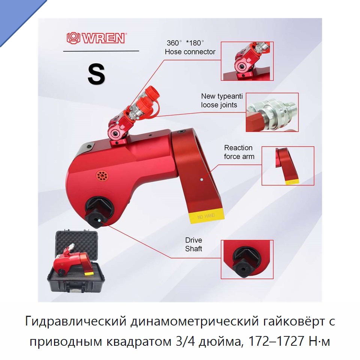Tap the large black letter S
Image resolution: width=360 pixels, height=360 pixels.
(x=96, y=74)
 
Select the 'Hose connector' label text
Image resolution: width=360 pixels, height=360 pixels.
(x=190, y=52)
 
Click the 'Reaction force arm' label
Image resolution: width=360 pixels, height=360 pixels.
(x=239, y=152)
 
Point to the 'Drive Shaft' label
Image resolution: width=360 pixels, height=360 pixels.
(x=193, y=244)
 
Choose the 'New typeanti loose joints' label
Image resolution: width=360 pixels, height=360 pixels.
(x=222, y=100)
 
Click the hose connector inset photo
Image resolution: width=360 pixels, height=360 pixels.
(x=247, y=61)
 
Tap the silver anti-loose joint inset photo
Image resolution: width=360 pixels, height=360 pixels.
(x=272, y=112)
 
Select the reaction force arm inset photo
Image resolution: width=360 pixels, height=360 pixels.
(x=288, y=166)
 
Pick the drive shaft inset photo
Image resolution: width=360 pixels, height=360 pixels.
(x=247, y=259)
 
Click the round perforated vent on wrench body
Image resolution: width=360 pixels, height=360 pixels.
(x=102, y=176)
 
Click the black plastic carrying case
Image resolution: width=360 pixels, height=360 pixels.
(x=76, y=262)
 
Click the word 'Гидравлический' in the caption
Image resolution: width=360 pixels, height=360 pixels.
(x=75, y=321)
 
